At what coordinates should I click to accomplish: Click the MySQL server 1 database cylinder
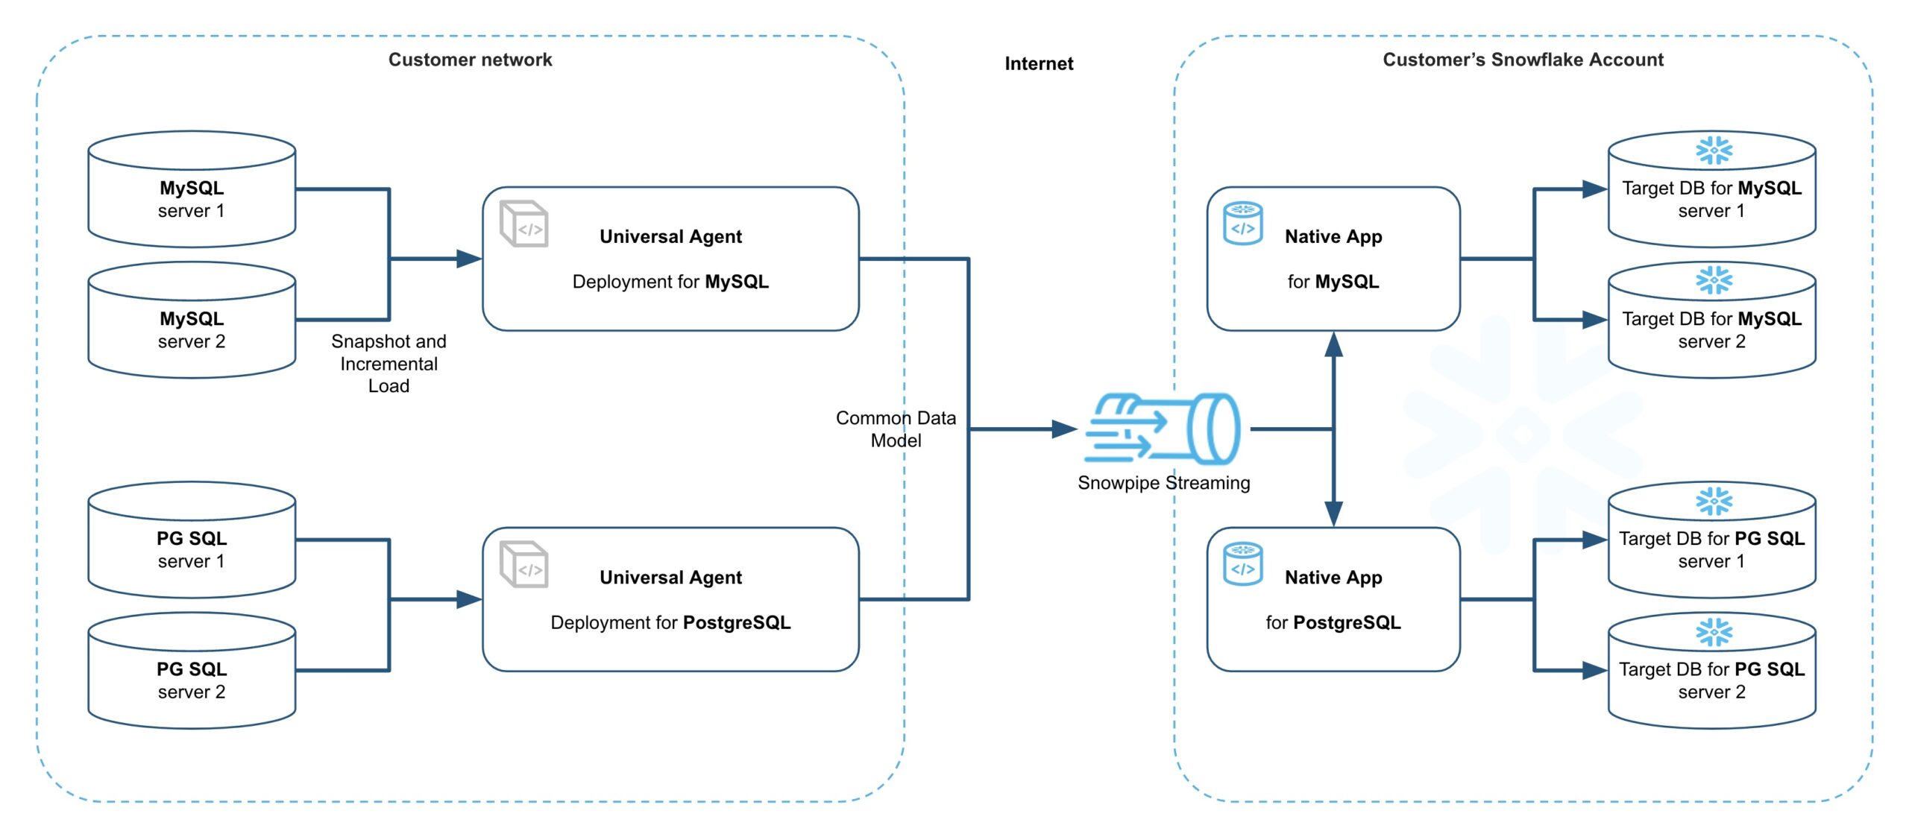192,189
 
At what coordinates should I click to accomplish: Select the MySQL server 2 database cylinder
192,320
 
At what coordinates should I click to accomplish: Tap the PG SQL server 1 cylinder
192,540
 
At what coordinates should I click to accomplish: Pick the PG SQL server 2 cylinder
192,670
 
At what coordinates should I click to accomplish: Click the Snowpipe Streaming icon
1163,429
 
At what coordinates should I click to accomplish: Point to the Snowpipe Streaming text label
1163,483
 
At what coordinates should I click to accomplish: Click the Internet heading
1039,63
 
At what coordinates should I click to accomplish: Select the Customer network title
470,60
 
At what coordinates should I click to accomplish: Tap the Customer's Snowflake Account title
1523,60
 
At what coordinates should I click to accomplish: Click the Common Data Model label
896,429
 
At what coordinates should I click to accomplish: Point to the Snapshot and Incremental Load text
389,363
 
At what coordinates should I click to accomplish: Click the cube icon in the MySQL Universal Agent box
523,224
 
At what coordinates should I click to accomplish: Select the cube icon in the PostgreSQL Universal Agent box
523,564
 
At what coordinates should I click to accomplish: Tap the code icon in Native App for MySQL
1243,223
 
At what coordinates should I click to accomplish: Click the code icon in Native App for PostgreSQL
1243,563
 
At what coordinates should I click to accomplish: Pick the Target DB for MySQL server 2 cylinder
1711,320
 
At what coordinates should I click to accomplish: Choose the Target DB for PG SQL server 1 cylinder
1711,540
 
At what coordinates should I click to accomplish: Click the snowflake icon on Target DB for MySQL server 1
1714,150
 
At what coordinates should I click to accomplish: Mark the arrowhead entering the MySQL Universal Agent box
469,259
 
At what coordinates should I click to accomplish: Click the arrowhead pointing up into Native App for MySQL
1333,344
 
